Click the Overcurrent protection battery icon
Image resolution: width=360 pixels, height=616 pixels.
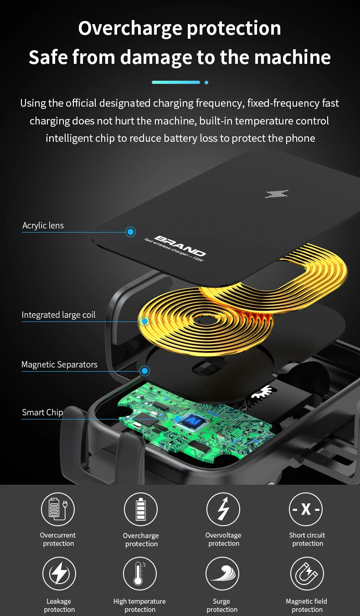[58, 509]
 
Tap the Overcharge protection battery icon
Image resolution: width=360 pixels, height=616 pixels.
[141, 509]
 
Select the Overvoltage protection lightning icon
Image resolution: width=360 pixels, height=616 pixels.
[223, 509]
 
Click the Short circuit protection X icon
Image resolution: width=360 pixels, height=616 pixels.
[306, 509]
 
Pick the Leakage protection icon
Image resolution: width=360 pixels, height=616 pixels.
[59, 574]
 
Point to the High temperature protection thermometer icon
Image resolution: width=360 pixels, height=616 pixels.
[140, 574]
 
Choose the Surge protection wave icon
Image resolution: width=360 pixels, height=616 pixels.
[222, 574]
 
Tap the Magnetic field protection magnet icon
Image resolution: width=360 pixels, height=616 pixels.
[307, 574]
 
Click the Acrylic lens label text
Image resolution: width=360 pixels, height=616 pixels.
[43, 225]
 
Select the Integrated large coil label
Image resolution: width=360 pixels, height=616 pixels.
[59, 315]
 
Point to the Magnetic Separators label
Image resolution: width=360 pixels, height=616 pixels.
[60, 364]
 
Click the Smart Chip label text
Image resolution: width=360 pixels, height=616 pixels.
[42, 412]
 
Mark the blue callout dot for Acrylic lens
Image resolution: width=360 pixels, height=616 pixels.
[131, 232]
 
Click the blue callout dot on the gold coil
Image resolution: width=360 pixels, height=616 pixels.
[144, 321]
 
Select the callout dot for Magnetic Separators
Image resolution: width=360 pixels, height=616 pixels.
[144, 371]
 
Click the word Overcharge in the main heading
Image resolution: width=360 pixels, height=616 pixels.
[129, 28]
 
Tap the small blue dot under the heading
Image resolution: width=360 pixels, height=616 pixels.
[206, 83]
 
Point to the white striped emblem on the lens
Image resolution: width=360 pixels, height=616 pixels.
[277, 194]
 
